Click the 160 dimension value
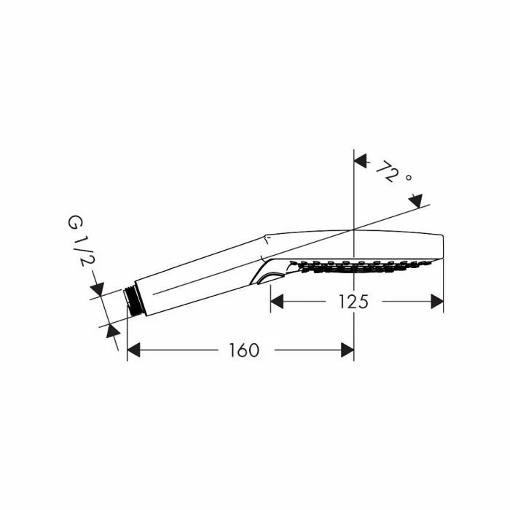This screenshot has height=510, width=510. coord(244,350)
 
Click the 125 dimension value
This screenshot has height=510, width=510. coord(353,302)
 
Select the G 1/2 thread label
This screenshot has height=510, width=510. coord(78,241)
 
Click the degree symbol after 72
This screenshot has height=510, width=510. coord(409,177)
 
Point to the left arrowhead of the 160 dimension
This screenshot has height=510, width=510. coord(133,350)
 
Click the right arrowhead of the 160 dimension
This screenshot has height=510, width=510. coord(348,350)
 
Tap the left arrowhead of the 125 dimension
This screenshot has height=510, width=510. coord(277,302)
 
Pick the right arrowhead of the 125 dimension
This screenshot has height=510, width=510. coord(437,302)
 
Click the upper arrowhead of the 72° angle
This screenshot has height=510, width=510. coord(361,161)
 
